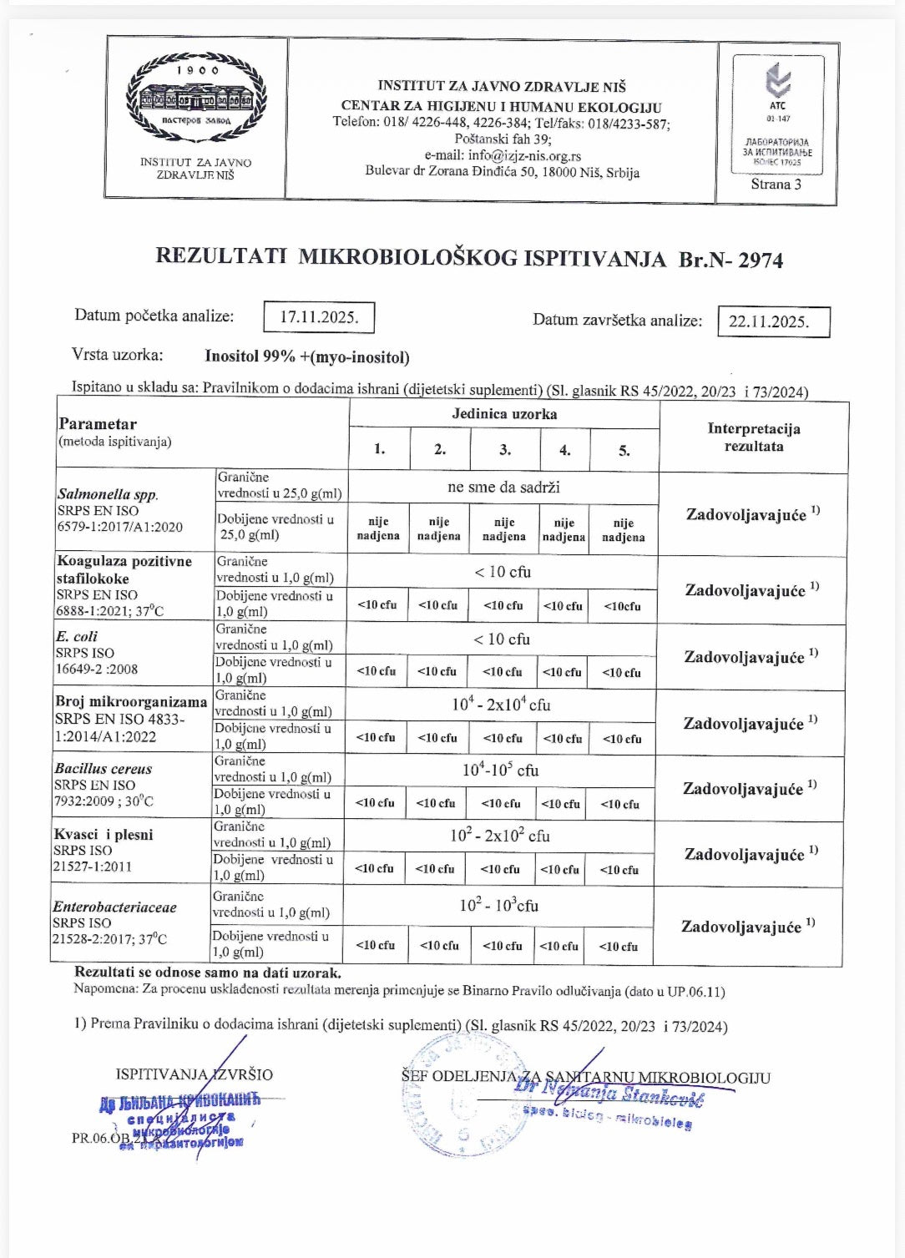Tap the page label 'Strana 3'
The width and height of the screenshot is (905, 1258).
pyautogui.click(x=776, y=184)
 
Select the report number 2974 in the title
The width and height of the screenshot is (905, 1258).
pyautogui.click(x=760, y=260)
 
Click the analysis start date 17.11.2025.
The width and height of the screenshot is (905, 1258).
pyautogui.click(x=319, y=317)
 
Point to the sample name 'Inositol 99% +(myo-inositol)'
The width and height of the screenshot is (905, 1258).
pyautogui.click(x=307, y=357)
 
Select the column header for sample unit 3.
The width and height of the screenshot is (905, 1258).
pyautogui.click(x=505, y=450)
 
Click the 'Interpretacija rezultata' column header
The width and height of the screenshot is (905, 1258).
pyautogui.click(x=753, y=437)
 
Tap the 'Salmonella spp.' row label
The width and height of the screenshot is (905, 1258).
pyautogui.click(x=108, y=494)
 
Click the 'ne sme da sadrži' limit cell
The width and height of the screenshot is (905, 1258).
pyautogui.click(x=503, y=487)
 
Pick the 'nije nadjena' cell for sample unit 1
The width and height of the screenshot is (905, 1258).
pyautogui.click(x=378, y=529)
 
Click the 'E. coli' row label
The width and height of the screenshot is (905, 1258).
pyautogui.click(x=76, y=636)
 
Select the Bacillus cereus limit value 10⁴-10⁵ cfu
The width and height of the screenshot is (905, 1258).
pyautogui.click(x=501, y=770)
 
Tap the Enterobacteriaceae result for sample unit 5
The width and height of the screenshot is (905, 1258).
pyautogui.click(x=619, y=946)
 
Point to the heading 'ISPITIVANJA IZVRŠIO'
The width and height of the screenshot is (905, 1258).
pyautogui.click(x=194, y=1074)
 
